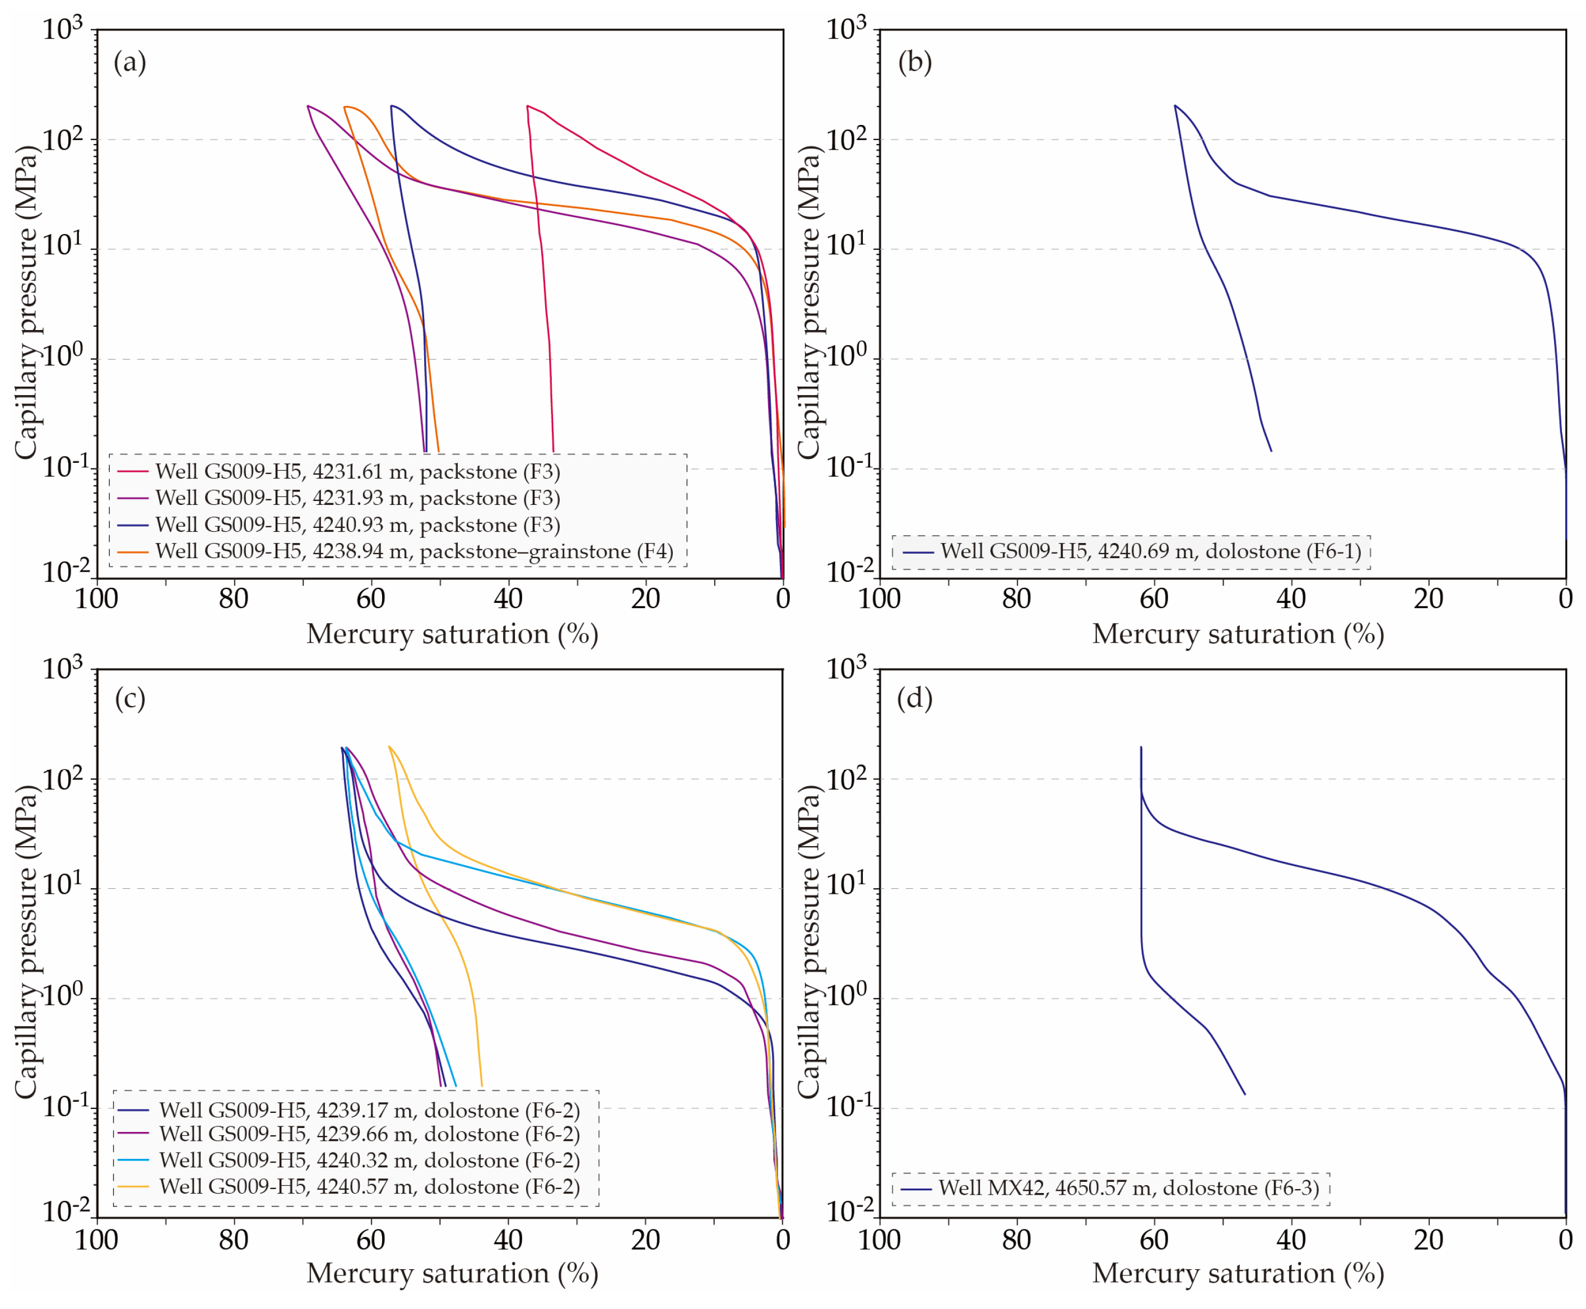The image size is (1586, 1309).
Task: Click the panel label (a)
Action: (x=129, y=62)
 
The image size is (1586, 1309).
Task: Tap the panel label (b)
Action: (x=914, y=62)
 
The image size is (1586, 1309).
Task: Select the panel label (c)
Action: (x=129, y=699)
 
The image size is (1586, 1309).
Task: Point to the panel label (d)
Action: (x=914, y=699)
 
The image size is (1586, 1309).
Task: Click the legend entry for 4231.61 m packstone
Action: (x=339, y=471)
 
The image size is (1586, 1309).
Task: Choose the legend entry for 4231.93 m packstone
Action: (x=339, y=498)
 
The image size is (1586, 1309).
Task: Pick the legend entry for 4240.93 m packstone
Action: (x=339, y=525)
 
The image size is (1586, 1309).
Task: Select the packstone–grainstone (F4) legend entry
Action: (x=396, y=551)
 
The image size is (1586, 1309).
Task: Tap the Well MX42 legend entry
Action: (x=1110, y=1189)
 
